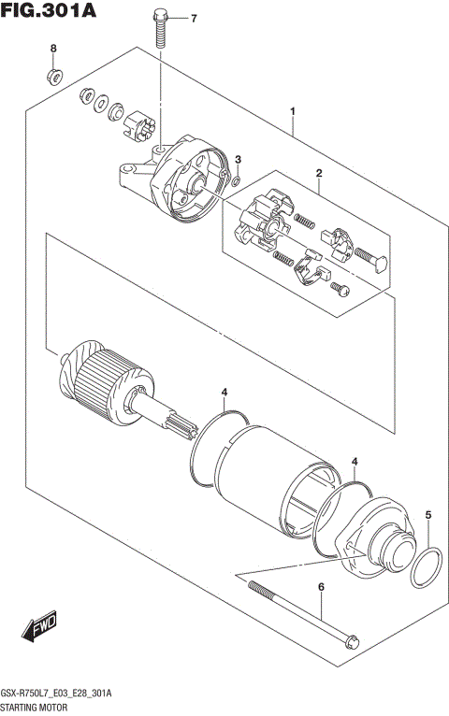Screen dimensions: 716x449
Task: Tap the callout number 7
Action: point(194,19)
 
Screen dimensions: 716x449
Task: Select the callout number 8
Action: point(53,48)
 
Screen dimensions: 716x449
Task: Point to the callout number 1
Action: point(293,112)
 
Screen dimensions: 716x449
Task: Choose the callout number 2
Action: point(318,173)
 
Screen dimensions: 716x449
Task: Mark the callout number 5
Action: point(428,515)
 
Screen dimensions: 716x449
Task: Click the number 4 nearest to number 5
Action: point(355,462)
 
